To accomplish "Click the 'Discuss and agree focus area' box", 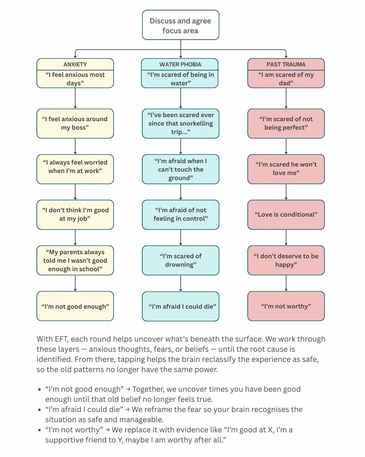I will [x=180, y=25].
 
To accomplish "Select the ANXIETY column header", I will [x=75, y=64].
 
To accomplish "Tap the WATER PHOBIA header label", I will [x=180, y=64].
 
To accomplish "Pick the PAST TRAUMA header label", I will [x=286, y=64].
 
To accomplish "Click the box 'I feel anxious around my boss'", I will [x=75, y=123].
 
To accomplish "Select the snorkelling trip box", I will [x=180, y=123].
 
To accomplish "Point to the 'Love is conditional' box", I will [x=286, y=215].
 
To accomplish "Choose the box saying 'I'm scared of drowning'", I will [x=180, y=260].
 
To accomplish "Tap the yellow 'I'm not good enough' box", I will [x=75, y=306].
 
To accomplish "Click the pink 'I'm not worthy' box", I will [x=286, y=306].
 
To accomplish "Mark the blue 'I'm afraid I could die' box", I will [x=180, y=306].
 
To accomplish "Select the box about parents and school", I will [x=75, y=260].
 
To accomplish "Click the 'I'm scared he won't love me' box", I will [x=286, y=169].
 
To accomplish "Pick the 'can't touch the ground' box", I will [x=180, y=169].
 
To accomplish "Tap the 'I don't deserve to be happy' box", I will [x=286, y=260].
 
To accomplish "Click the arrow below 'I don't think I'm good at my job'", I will [x=75, y=238].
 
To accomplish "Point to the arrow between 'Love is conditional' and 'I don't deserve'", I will [x=286, y=238].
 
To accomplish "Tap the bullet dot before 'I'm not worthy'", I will [x=40, y=430].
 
